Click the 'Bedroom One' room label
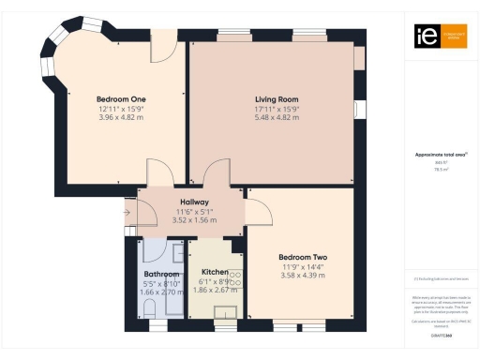(121, 97)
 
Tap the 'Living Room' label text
(277, 98)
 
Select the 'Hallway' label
(195, 202)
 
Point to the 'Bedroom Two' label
(302, 256)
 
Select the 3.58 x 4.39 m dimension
(302, 275)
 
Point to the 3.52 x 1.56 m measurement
(195, 220)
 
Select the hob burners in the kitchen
(236, 278)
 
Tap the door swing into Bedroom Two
(253, 205)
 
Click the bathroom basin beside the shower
(176, 254)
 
